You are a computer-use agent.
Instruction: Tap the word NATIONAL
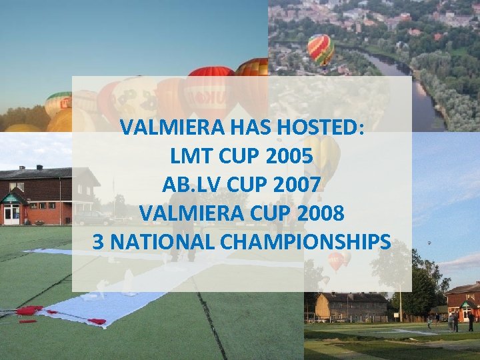pos(160,242)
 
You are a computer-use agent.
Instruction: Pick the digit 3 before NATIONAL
pos(98,242)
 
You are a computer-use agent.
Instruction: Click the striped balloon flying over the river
pos(320,50)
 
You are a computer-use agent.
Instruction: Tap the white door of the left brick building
pos(11,214)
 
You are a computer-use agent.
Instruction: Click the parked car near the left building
pos(93,218)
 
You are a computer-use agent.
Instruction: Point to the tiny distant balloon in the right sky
pos(429,243)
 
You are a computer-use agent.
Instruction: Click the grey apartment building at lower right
pos(351,306)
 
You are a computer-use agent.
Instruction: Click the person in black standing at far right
pos(471,323)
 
